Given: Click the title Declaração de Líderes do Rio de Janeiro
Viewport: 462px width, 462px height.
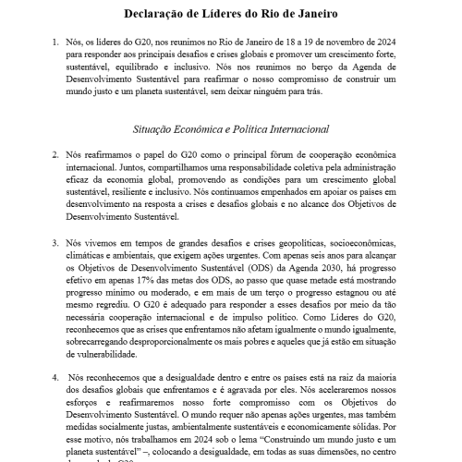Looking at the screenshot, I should pos(231,15).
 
